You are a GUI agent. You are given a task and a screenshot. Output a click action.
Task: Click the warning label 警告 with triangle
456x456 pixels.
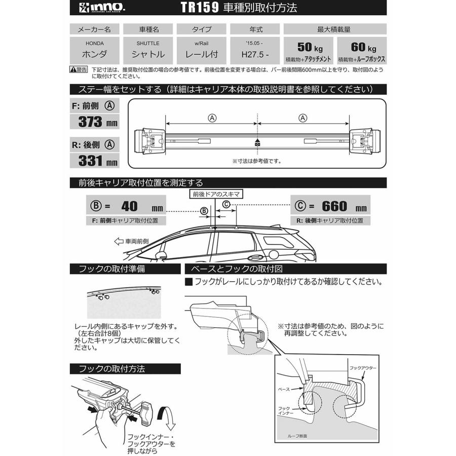80,69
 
